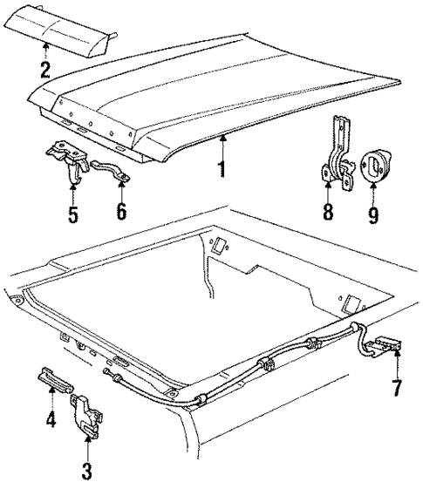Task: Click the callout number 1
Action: [x=222, y=166]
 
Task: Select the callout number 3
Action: [x=85, y=471]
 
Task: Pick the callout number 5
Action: [x=72, y=211]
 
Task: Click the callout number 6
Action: [x=121, y=211]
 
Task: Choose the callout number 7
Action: [x=398, y=384]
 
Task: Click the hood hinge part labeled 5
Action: [x=67, y=162]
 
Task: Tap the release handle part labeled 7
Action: [x=380, y=347]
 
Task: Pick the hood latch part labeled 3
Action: [x=86, y=412]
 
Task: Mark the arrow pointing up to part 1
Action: [x=222, y=144]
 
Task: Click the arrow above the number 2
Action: [x=44, y=51]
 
